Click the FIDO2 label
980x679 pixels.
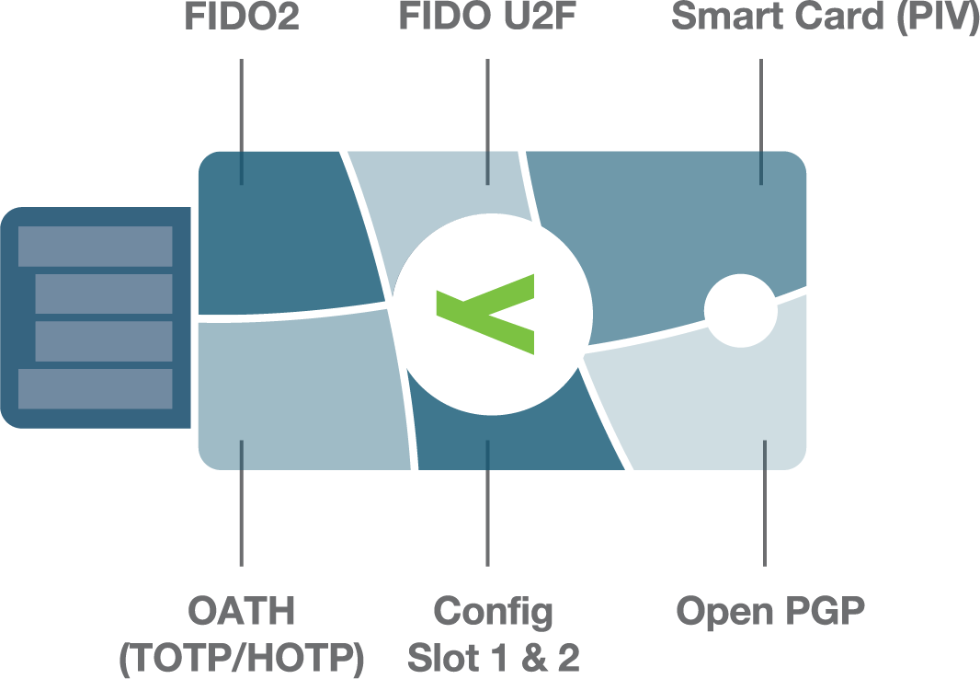coord(242,18)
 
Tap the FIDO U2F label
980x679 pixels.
coord(487,18)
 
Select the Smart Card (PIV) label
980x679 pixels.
coord(825,18)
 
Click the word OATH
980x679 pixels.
coord(242,611)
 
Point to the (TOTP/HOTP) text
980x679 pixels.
coord(242,658)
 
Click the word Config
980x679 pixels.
coord(494,611)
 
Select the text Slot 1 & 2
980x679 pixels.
coord(494,658)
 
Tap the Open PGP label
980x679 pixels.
coord(770,611)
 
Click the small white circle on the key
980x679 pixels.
coord(740,310)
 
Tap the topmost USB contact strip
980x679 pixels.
coord(95,246)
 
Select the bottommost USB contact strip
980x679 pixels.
coord(95,388)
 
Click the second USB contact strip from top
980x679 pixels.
coord(103,293)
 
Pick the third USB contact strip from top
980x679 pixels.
coord(103,340)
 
